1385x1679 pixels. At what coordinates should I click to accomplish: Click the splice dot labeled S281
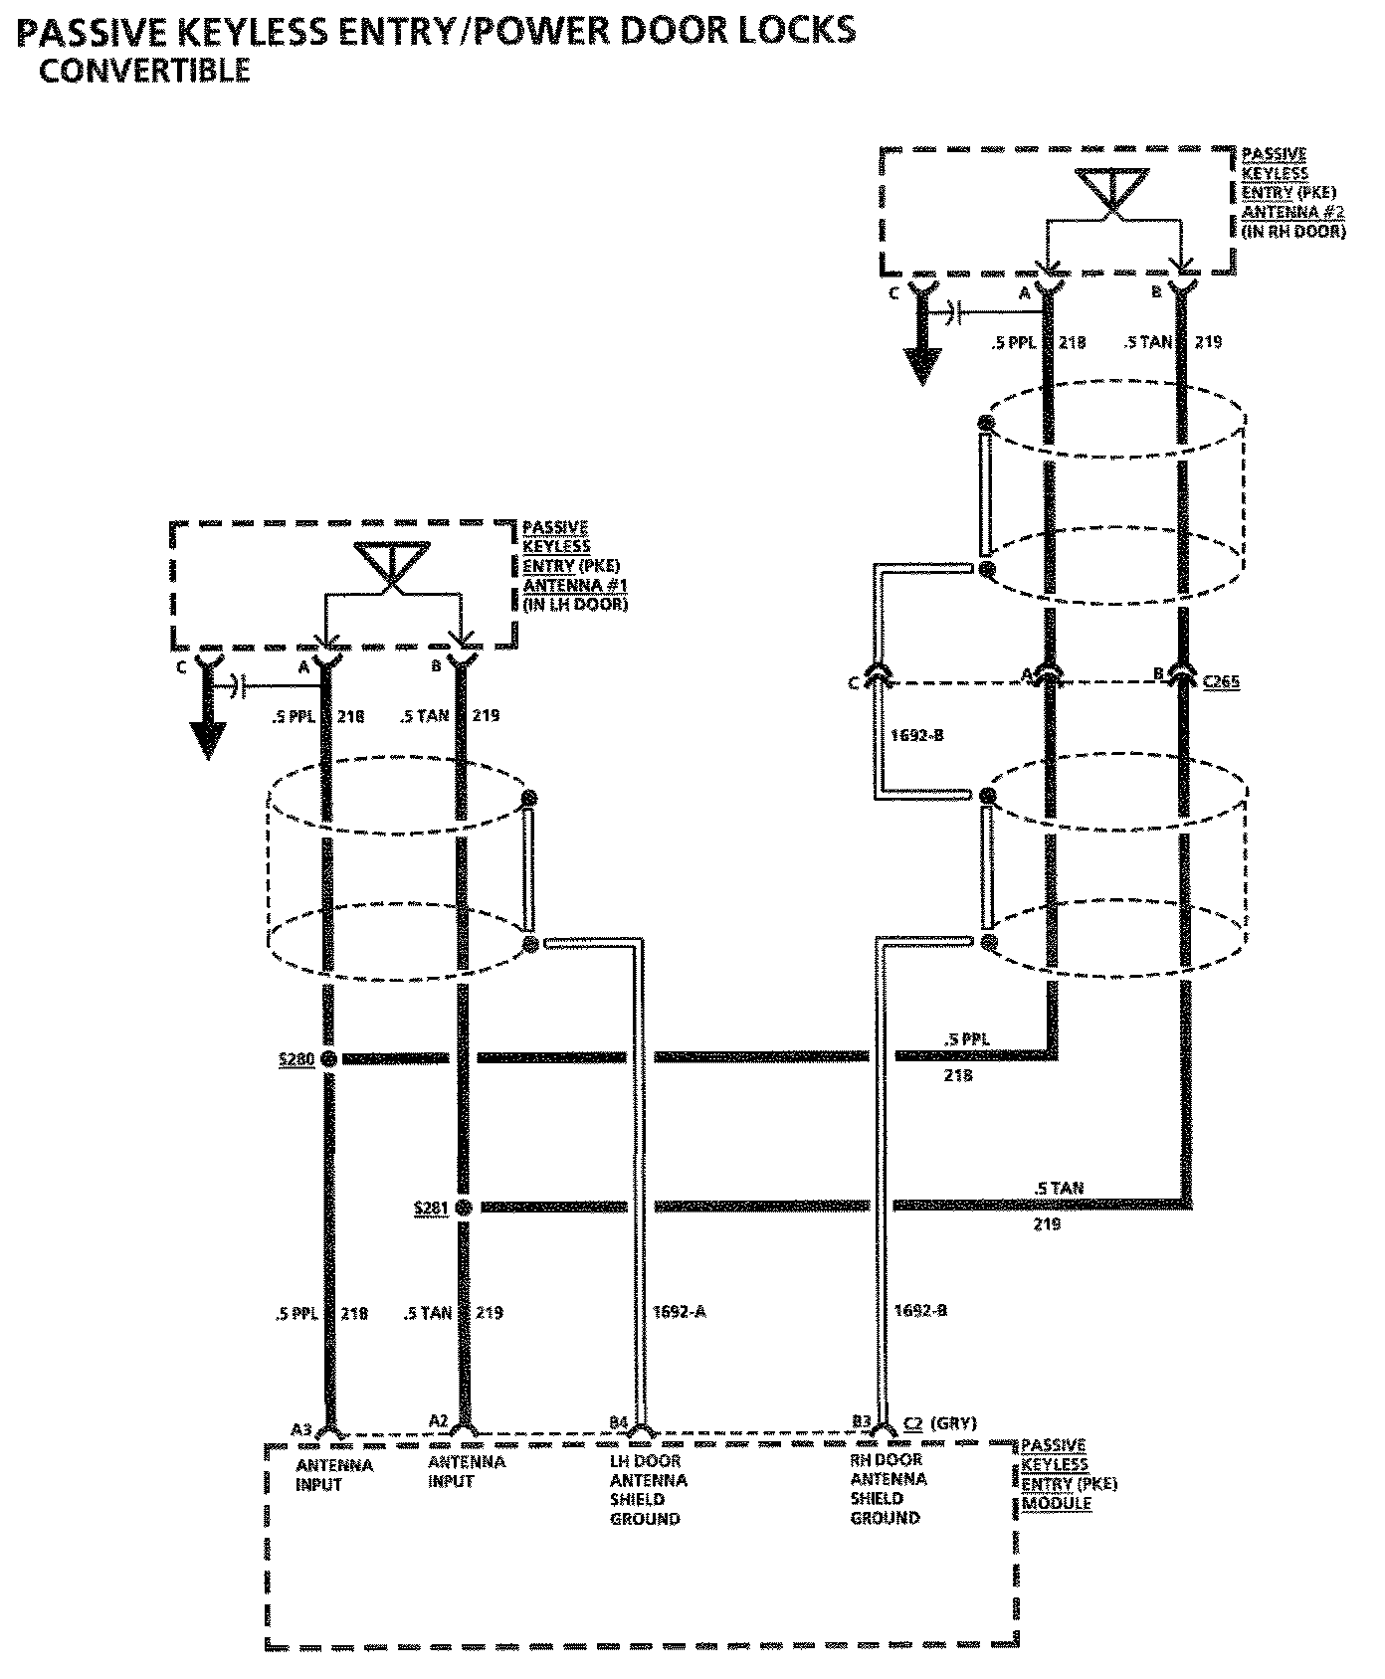click(x=463, y=1208)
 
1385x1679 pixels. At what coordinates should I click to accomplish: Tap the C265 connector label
click(x=1220, y=682)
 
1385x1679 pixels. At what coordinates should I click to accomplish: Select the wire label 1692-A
click(x=680, y=1311)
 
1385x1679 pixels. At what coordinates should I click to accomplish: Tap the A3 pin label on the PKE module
click(x=301, y=1430)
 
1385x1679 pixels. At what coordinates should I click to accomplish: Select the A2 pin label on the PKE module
click(x=439, y=1422)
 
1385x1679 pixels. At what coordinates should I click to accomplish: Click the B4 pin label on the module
click(x=619, y=1422)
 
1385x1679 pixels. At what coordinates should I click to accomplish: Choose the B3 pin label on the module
click(x=862, y=1422)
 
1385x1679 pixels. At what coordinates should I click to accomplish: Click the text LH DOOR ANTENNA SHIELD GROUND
click(x=648, y=1490)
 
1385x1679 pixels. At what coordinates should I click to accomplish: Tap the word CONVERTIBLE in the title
click(x=144, y=71)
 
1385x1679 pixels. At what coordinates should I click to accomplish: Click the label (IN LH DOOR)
click(x=575, y=604)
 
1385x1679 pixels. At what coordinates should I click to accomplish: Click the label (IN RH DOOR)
click(x=1292, y=231)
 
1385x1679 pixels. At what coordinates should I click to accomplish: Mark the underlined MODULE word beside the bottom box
click(x=1057, y=1503)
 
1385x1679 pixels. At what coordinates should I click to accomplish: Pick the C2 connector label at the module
click(x=914, y=1423)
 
